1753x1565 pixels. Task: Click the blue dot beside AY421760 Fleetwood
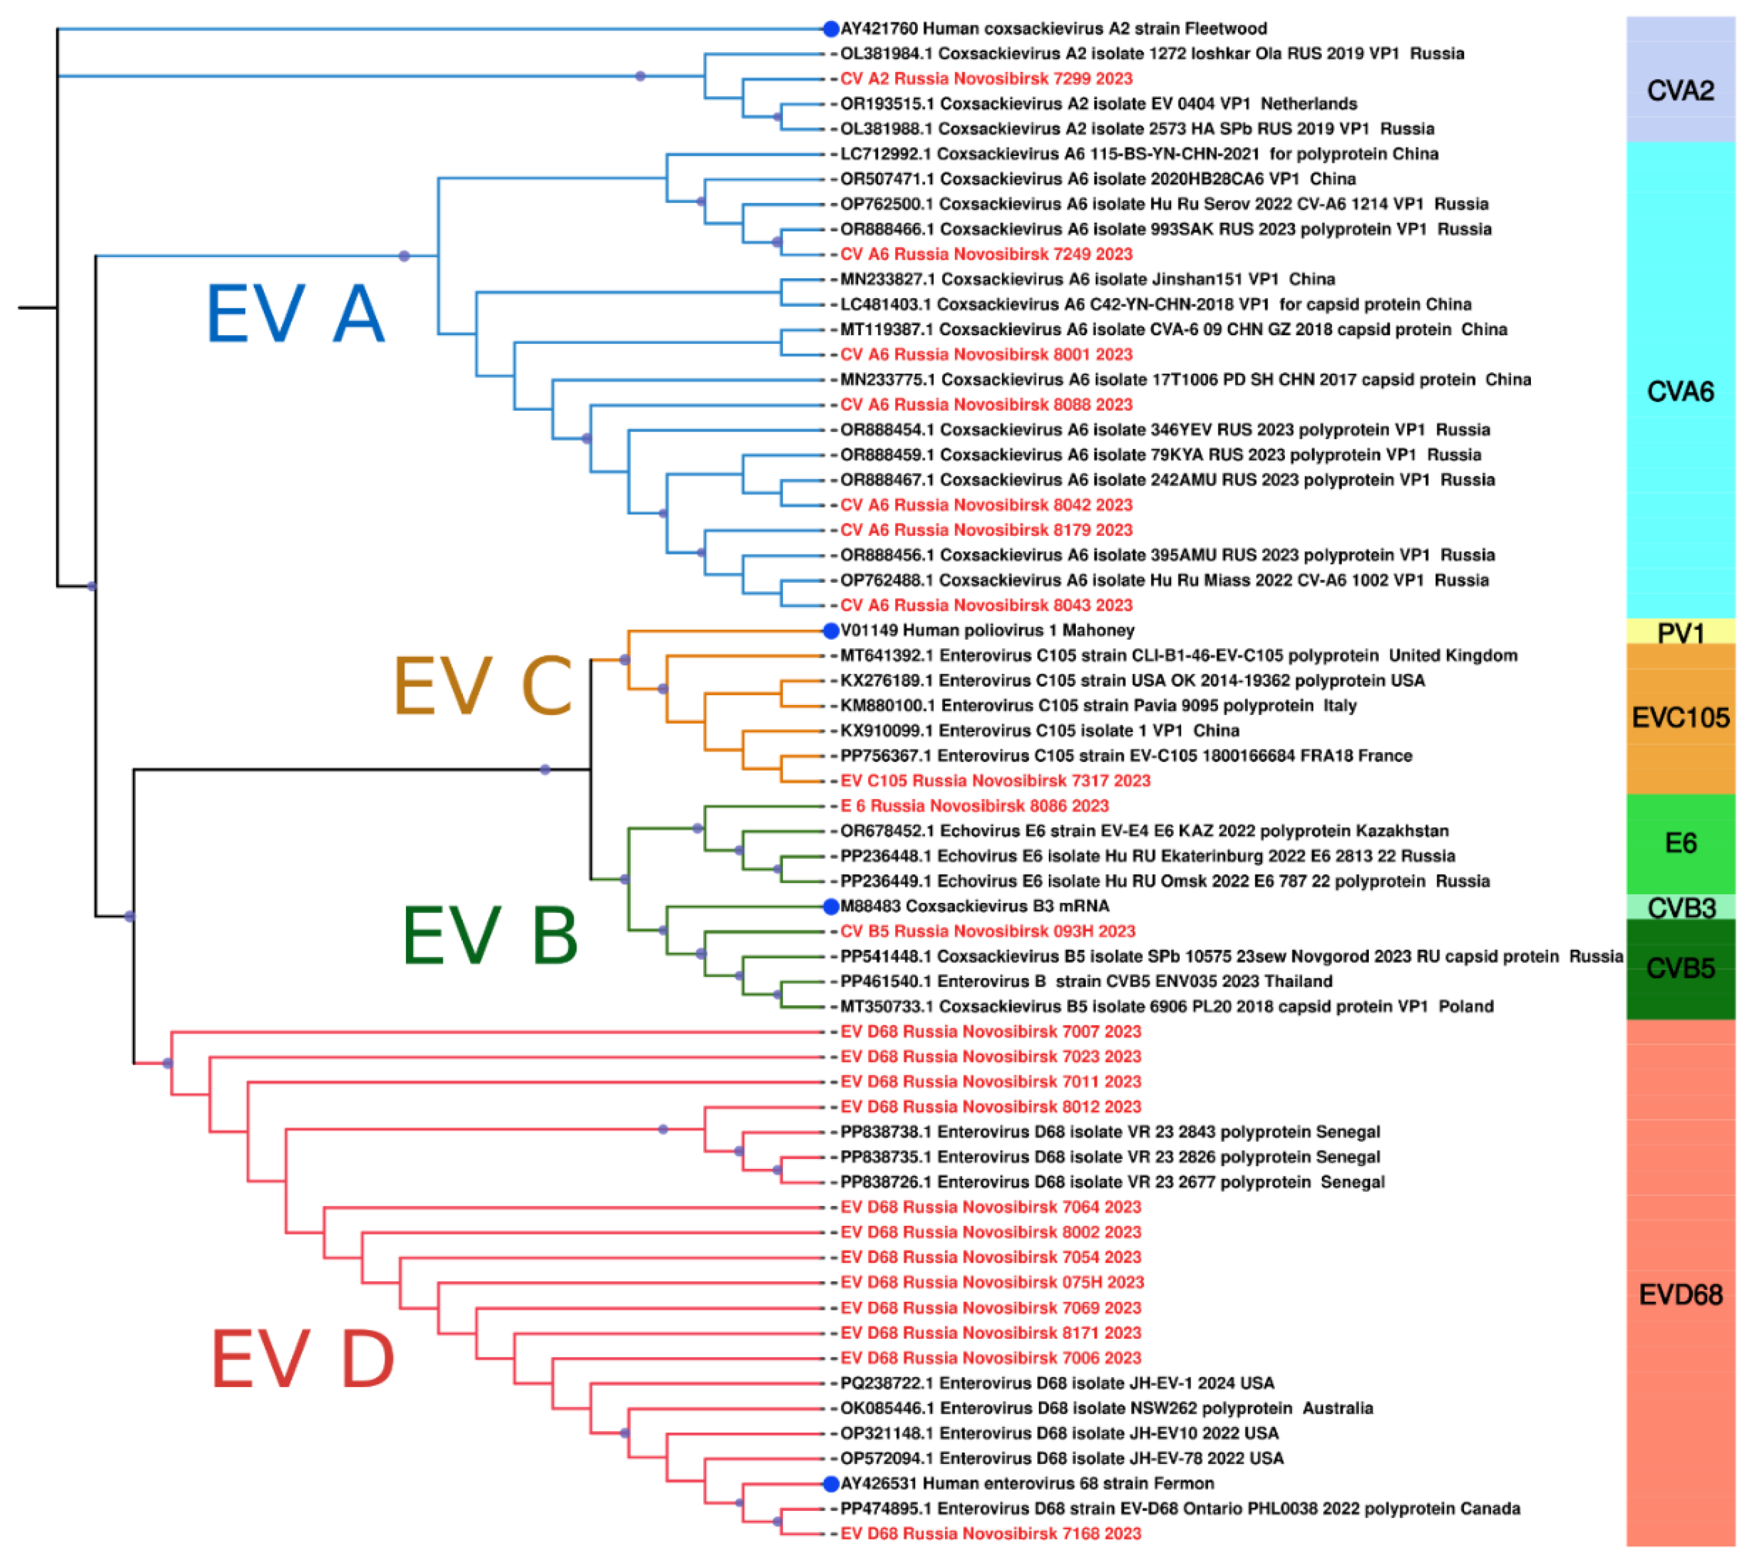point(830,29)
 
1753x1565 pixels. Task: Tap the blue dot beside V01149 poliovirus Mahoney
point(830,631)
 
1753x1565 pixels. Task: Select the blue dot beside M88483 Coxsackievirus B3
point(830,906)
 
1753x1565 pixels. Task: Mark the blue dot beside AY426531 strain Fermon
point(830,1483)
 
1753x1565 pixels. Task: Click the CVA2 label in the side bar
point(1680,90)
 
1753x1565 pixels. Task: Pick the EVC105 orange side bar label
point(1680,717)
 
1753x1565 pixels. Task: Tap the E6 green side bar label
point(1680,843)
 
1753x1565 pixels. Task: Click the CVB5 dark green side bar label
point(1680,968)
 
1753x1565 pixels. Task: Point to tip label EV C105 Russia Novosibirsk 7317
point(995,781)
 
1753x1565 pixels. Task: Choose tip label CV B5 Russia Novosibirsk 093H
point(987,931)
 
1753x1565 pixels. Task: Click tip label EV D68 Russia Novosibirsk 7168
point(990,1533)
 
